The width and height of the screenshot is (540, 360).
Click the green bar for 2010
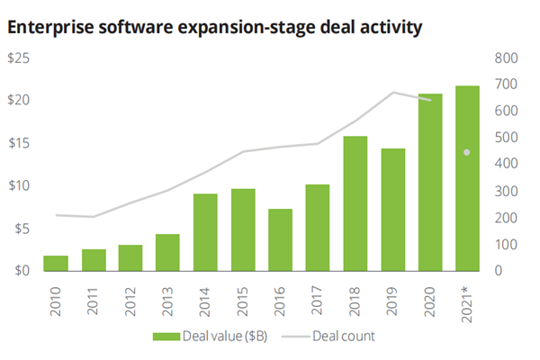[x=56, y=263]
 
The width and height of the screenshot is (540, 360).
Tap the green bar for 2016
[x=280, y=239]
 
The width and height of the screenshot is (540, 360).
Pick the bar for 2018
[x=355, y=203]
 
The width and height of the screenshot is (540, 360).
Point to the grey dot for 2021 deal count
[x=466, y=152]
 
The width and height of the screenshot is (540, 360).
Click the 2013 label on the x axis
[x=168, y=295]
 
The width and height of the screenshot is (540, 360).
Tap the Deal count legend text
[x=343, y=337]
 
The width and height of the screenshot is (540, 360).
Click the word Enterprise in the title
[x=45, y=28]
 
